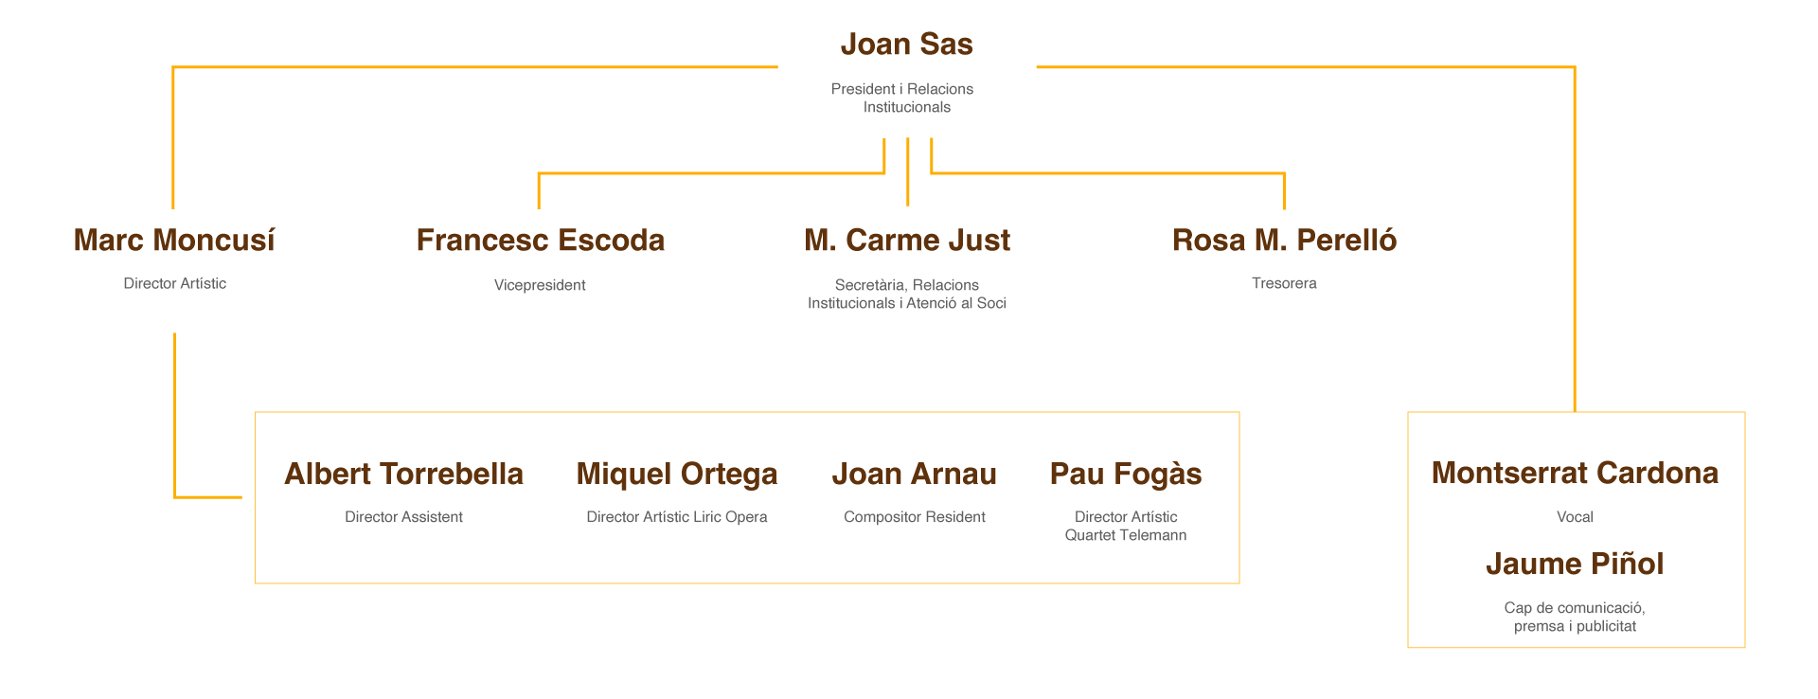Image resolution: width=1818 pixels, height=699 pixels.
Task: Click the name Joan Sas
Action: tap(906, 45)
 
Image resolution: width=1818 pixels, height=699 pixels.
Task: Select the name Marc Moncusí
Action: tap(174, 241)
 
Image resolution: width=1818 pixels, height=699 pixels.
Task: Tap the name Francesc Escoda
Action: tap(540, 241)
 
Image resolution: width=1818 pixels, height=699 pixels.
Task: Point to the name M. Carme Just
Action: tap(906, 241)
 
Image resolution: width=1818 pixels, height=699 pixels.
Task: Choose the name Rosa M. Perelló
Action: tap(1284, 241)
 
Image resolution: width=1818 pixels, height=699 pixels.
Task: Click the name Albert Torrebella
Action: tap(403, 475)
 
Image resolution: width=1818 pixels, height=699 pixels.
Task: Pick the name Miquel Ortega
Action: tap(676, 475)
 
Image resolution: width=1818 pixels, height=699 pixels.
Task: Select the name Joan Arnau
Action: tap(914, 475)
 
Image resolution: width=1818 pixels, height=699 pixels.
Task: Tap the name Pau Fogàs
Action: tap(1126, 475)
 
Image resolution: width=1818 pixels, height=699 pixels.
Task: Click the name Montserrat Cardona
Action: tap(1575, 473)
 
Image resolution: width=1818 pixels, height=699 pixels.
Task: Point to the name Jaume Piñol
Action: tap(1575, 565)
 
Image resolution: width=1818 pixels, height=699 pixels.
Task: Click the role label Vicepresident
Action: tap(540, 285)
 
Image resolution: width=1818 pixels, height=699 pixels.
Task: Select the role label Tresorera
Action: tap(1284, 283)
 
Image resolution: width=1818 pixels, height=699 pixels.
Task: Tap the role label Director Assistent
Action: tap(403, 517)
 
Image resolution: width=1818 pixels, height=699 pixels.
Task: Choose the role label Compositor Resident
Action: tap(914, 517)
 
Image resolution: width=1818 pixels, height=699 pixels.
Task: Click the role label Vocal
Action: tap(1575, 517)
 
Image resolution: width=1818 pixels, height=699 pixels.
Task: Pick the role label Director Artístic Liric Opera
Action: tap(676, 517)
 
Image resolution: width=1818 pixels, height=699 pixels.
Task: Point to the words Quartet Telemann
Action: tap(1126, 535)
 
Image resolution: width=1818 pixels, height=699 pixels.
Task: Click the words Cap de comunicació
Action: tap(1575, 608)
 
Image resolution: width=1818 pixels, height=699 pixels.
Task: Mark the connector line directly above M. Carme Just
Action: tap(907, 172)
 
